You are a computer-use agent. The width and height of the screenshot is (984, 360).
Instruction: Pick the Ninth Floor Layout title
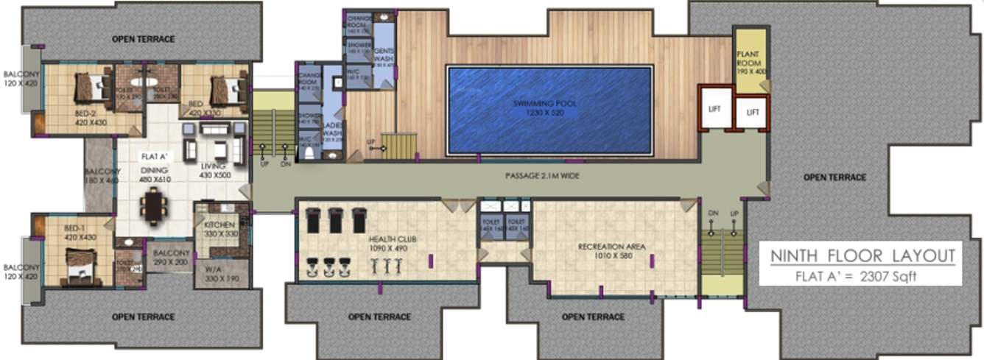862,257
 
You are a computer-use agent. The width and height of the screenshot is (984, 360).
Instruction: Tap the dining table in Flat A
154,206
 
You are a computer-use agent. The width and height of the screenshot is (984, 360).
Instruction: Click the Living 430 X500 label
217,171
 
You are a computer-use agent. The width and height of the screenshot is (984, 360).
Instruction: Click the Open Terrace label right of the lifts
834,177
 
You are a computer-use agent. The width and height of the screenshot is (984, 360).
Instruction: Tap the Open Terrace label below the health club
379,317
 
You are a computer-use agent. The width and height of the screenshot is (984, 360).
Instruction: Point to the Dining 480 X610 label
155,174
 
